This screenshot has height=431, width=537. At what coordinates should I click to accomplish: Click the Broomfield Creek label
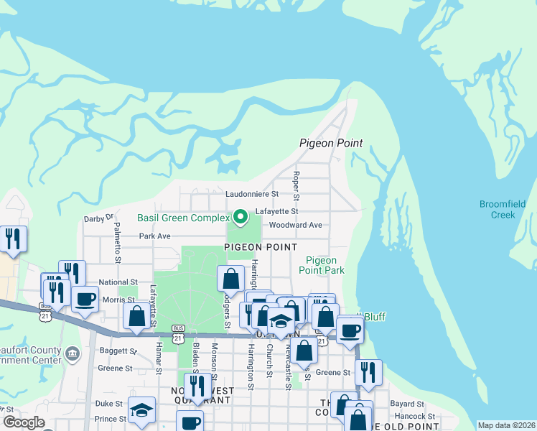coord(503,209)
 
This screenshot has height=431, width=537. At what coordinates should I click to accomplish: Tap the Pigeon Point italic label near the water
coord(331,144)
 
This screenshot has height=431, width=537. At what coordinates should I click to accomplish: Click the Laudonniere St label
coord(252,194)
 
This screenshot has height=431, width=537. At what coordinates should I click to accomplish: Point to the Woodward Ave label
coord(295,225)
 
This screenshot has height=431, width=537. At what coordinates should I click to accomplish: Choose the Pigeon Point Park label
coord(324,265)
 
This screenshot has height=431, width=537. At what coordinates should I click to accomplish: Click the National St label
coord(118,283)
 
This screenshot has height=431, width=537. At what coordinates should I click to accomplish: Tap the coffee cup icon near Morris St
coord(85,299)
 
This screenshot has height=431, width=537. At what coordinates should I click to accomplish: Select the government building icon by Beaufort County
coord(73,353)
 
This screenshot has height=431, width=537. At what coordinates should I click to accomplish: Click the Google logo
coord(24,422)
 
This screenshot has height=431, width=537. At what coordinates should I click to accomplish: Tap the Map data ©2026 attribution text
coord(506,425)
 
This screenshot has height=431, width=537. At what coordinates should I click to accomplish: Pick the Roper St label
coord(296,186)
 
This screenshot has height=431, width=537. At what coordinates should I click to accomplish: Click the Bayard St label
coord(408,404)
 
